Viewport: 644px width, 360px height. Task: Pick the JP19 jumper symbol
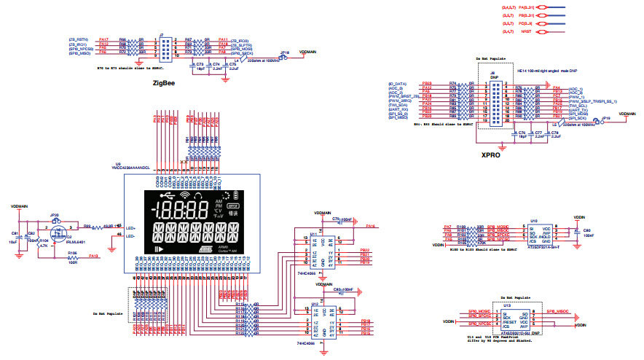[x=605, y=122]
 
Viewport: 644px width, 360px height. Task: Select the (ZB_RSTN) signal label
[x=79, y=39]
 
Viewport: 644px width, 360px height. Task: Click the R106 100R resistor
[x=72, y=257]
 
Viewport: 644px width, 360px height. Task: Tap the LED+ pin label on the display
[x=131, y=227]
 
